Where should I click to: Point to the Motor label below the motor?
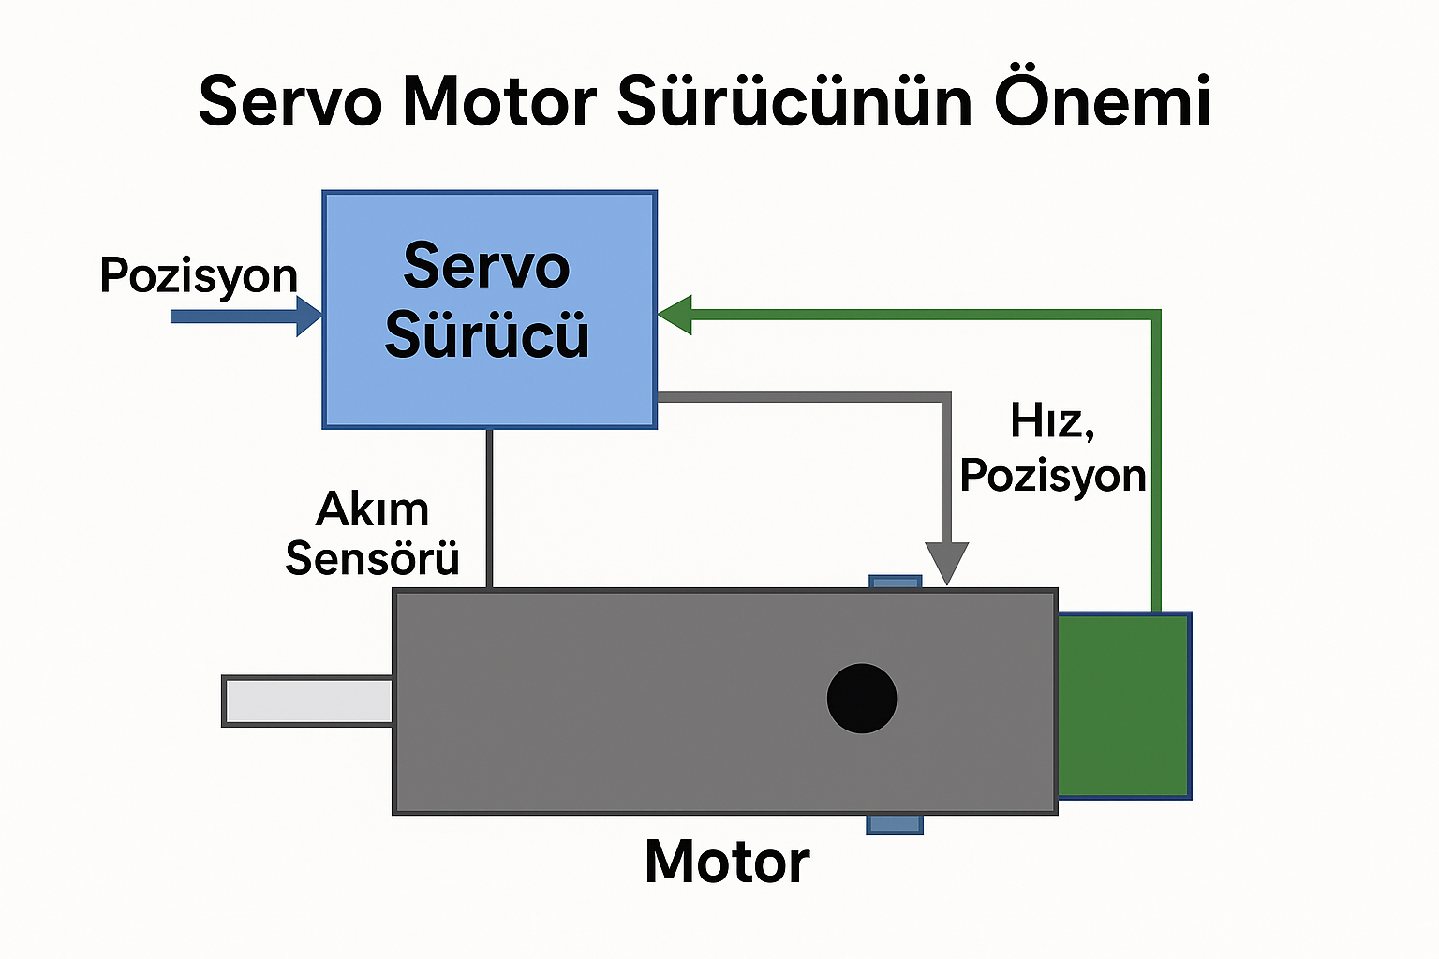pyautogui.click(x=727, y=862)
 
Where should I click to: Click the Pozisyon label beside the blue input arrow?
pyautogui.click(x=199, y=275)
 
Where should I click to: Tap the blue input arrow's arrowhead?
pyautogui.click(x=309, y=317)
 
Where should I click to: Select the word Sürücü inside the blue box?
pyautogui.click(x=487, y=334)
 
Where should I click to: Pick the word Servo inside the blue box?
pyautogui.click(x=486, y=266)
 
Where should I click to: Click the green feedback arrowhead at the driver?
pyautogui.click(x=675, y=316)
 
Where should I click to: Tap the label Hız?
pyautogui.click(x=1052, y=421)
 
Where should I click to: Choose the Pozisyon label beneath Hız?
pyautogui.click(x=1053, y=476)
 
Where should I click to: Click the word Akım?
pyautogui.click(x=373, y=510)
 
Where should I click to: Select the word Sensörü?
pyautogui.click(x=372, y=559)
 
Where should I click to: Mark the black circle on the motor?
pyautogui.click(x=862, y=699)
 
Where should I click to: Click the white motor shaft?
pyautogui.click(x=308, y=701)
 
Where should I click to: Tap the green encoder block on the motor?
pyautogui.click(x=1124, y=705)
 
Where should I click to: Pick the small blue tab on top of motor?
pyautogui.click(x=896, y=583)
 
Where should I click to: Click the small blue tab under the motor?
pyautogui.click(x=895, y=824)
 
